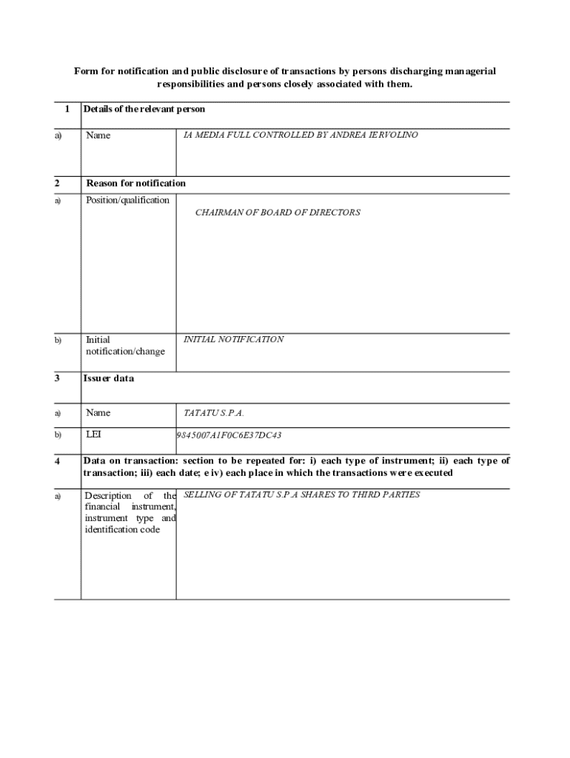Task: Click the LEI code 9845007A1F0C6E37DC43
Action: pyautogui.click(x=229, y=435)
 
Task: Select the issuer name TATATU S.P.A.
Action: pyautogui.click(x=214, y=413)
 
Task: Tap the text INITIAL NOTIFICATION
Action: pyautogui.click(x=233, y=340)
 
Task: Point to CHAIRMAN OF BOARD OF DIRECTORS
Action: pyautogui.click(x=278, y=212)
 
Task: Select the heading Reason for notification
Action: pyautogui.click(x=136, y=184)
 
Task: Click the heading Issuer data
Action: pyautogui.click(x=109, y=378)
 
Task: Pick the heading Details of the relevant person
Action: pyautogui.click(x=144, y=109)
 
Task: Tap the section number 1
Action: pyautogui.click(x=67, y=109)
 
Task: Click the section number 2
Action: pyautogui.click(x=57, y=184)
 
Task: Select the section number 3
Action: pyautogui.click(x=57, y=378)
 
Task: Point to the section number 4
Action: pyautogui.click(x=57, y=461)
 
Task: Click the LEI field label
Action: pyautogui.click(x=93, y=435)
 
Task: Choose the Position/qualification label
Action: pyautogui.click(x=127, y=200)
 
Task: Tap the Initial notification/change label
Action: pyautogui.click(x=124, y=346)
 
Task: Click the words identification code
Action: pyautogui.click(x=122, y=529)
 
